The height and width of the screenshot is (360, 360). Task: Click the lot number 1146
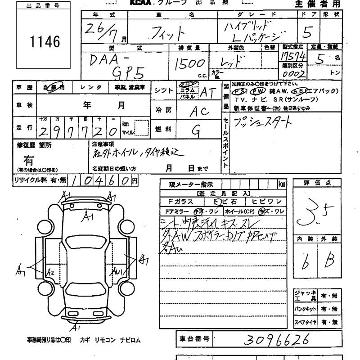tap(44, 42)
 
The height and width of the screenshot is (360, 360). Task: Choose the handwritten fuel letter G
tap(196, 130)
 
